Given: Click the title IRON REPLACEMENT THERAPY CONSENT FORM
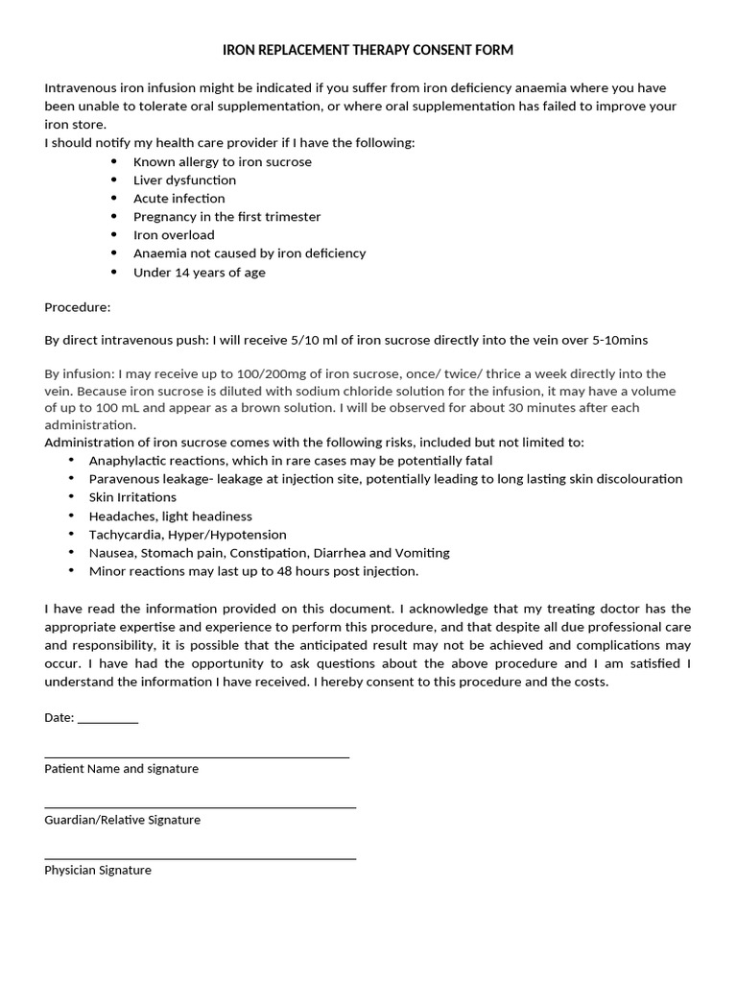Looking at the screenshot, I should click(368, 50).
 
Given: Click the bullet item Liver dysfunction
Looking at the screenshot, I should click(184, 180).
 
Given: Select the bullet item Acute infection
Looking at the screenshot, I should click(178, 198).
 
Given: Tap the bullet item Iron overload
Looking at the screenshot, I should click(174, 234).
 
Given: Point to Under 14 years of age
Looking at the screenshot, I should click(199, 272).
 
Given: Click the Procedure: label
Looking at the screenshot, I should click(78, 308).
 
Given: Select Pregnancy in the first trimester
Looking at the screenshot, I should click(226, 216).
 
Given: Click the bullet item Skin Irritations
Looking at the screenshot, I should click(132, 497).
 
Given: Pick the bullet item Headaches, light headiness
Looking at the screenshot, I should click(170, 515).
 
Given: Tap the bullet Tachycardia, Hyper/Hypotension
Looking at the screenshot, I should click(187, 534).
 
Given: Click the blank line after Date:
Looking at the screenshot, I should click(107, 720).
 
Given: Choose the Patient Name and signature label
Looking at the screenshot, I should click(121, 769).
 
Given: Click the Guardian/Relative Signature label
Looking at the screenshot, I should click(122, 820).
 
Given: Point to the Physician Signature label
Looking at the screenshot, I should click(98, 871).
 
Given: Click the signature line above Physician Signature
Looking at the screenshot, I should click(200, 857).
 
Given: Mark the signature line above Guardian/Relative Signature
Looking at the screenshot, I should click(200, 807).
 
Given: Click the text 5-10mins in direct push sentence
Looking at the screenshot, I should click(620, 341).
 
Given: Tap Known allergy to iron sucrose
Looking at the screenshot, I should click(222, 161).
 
